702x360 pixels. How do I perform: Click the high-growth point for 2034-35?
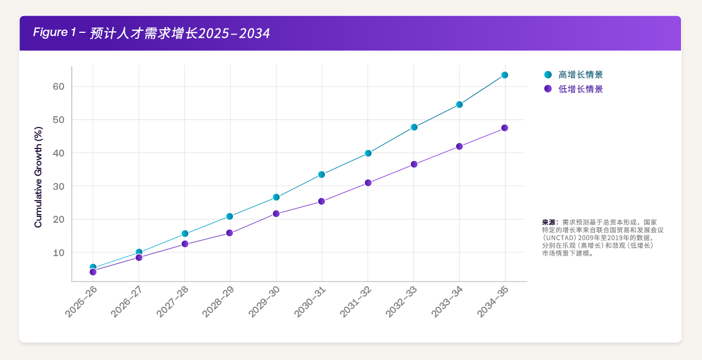[505, 75]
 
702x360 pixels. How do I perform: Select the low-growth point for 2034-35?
[505, 128]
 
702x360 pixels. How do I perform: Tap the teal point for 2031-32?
[368, 153]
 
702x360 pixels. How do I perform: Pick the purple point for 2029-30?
[276, 214]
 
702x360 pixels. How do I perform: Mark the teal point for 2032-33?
[414, 127]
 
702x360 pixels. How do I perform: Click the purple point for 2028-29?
[230, 233]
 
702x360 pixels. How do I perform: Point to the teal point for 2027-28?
[185, 234]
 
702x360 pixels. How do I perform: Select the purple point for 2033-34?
[459, 146]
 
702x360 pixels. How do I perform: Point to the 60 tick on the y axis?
[59, 87]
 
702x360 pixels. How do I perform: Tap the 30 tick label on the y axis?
[59, 186]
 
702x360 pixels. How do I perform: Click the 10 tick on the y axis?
[59, 252]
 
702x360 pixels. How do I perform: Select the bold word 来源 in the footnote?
[549, 222]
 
